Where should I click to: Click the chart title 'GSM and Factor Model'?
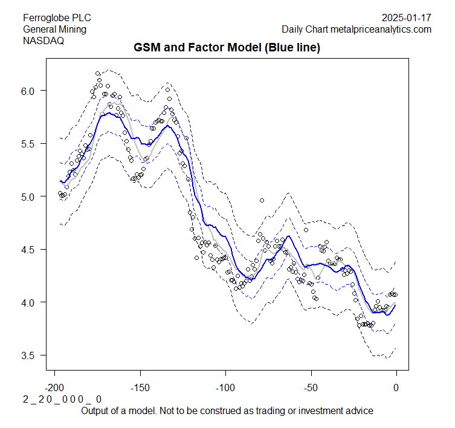pos(227,47)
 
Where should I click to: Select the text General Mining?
pos(54,29)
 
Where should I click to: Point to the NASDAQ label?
pos(43,41)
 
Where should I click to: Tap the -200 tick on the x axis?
pos(55,386)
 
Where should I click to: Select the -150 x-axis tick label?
pos(140,386)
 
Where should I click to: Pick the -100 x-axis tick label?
pos(225,386)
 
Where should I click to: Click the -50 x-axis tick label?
pos(311,386)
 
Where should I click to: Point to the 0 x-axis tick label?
pos(396,386)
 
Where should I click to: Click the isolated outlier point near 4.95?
pos(262,200)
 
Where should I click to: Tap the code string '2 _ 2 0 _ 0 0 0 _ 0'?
pos(62,400)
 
